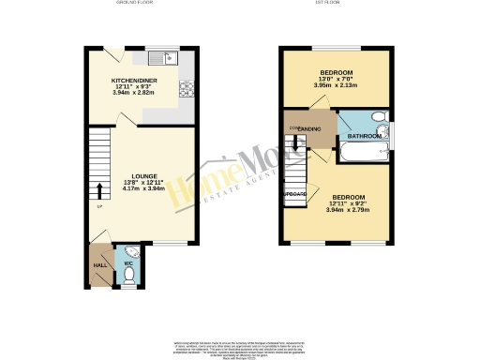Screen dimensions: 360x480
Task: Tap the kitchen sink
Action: (x=169, y=59)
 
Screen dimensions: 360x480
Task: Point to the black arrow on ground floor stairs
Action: (x=100, y=193)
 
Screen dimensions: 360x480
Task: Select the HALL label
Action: (x=99, y=265)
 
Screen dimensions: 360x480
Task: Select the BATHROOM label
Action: (x=365, y=137)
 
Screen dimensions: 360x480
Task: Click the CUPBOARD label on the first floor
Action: (x=295, y=193)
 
